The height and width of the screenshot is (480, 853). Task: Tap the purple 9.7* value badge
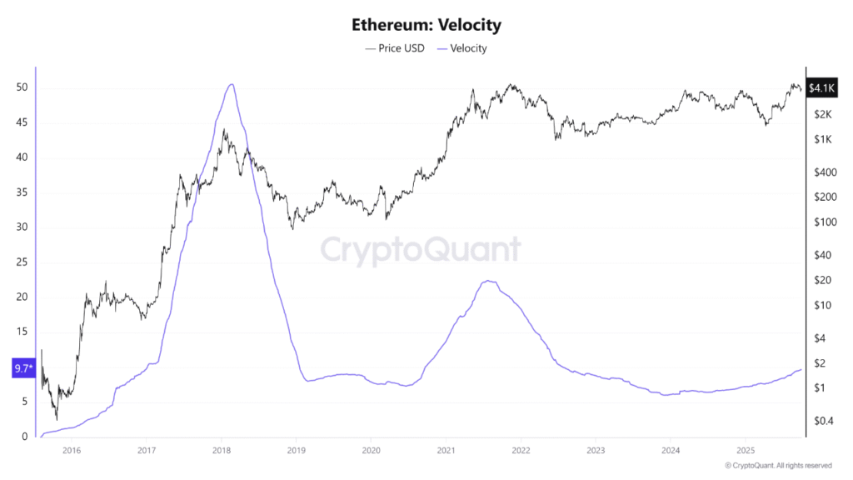22,367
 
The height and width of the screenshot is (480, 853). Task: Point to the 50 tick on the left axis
22,87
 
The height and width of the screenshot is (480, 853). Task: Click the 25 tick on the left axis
22,262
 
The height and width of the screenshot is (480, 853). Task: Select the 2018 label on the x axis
222,452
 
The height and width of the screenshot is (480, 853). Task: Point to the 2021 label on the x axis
446,452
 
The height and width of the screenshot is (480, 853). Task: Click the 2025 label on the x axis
745,452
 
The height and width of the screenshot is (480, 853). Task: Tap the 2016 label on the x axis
72,452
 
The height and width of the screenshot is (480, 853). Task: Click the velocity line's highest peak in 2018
231,84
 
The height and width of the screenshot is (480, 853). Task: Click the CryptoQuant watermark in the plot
421,250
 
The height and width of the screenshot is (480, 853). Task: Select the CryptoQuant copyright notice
778,465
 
